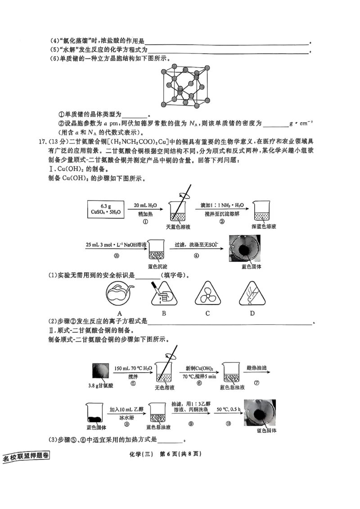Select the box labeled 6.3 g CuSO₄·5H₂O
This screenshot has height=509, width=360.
pyautogui.click(x=106, y=209)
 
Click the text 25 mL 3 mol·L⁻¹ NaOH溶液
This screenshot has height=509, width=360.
pyautogui.click(x=114, y=245)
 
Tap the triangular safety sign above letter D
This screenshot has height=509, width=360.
pyautogui.click(x=252, y=295)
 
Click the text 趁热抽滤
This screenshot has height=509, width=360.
pyautogui.click(x=257, y=368)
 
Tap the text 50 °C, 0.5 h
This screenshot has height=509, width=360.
pyautogui.click(x=227, y=410)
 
